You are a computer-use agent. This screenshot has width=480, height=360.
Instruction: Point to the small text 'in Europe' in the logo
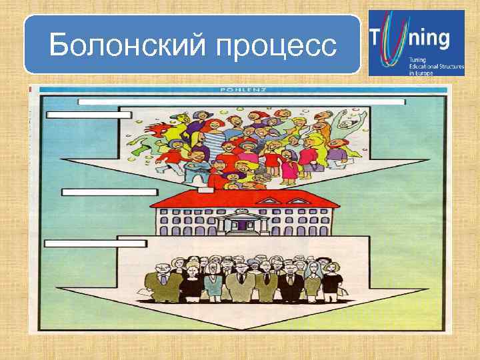coord(421,73)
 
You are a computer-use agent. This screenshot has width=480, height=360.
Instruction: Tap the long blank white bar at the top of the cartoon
coord(241,102)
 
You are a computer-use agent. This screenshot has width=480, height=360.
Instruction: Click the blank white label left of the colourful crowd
coord(89,115)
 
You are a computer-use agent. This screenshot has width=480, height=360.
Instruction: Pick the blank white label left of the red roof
coord(109,192)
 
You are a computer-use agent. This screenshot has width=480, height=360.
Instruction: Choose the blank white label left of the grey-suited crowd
coord(95,244)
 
